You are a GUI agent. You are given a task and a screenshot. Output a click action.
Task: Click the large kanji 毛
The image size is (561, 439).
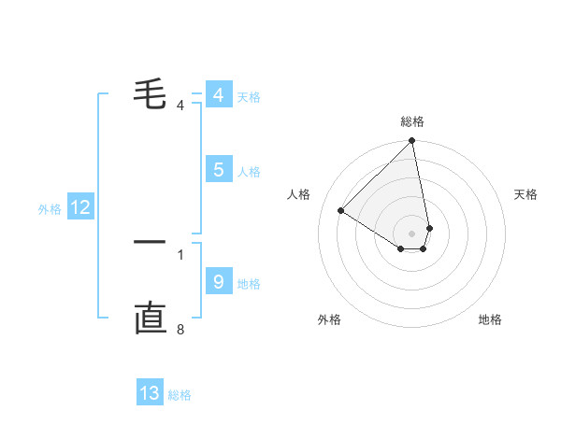tap(151, 93)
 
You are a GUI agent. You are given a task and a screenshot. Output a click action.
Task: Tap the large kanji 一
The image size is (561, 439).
tap(150, 242)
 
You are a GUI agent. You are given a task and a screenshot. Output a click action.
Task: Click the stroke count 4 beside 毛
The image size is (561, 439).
tap(180, 105)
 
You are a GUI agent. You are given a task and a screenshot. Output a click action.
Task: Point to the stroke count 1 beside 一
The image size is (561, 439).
tap(180, 254)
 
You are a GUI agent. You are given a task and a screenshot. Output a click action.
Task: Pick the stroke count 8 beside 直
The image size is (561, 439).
tap(180, 329)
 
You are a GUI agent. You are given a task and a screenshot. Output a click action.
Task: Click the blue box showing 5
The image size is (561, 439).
tap(218, 170)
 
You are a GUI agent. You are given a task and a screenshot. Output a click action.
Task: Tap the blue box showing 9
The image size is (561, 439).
tap(218, 282)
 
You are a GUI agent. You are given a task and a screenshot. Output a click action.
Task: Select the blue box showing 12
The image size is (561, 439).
tap(80, 208)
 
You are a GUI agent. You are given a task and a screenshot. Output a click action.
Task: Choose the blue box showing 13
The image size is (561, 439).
tap(150, 393)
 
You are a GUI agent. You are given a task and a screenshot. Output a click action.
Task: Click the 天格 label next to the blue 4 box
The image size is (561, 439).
tap(249, 97)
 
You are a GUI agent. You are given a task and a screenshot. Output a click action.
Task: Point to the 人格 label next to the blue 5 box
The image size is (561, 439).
tap(249, 172)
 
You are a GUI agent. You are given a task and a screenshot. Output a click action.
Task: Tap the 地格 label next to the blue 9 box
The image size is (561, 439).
tap(249, 284)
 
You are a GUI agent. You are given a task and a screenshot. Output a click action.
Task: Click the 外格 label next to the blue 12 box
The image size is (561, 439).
tap(50, 209)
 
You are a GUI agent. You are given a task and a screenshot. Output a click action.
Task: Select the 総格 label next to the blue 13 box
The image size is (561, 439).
tap(180, 395)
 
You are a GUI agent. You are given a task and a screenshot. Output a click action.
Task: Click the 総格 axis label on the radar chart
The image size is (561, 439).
tap(412, 121)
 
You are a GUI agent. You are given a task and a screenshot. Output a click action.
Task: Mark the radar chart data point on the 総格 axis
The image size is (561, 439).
tap(412, 141)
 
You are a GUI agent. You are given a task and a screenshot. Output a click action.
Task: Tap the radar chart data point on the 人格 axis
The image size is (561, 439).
tap(341, 211)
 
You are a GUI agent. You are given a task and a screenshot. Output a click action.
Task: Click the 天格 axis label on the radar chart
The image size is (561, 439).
tap(526, 194)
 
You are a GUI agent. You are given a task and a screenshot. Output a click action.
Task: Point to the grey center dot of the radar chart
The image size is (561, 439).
tap(412, 233)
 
